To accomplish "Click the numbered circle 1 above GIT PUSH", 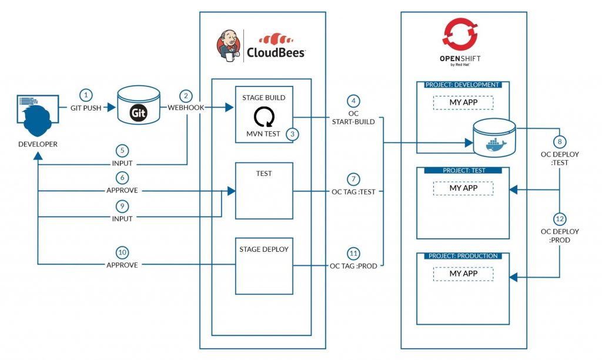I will [x=87, y=95].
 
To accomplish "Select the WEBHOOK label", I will [x=186, y=108].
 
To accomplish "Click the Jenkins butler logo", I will [x=229, y=45].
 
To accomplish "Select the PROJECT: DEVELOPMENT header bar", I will [x=463, y=85].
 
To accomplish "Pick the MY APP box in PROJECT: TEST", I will [x=463, y=188].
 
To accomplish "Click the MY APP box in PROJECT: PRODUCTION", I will [x=463, y=274].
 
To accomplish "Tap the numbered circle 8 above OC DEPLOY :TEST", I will [x=558, y=142].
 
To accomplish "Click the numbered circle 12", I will [x=558, y=219].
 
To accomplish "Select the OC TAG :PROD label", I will [x=353, y=266].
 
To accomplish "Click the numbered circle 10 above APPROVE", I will [x=122, y=252].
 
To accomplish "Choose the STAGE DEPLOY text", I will [x=264, y=249].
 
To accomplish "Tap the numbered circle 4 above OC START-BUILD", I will [x=353, y=100].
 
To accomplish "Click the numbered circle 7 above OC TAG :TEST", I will [x=353, y=178].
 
